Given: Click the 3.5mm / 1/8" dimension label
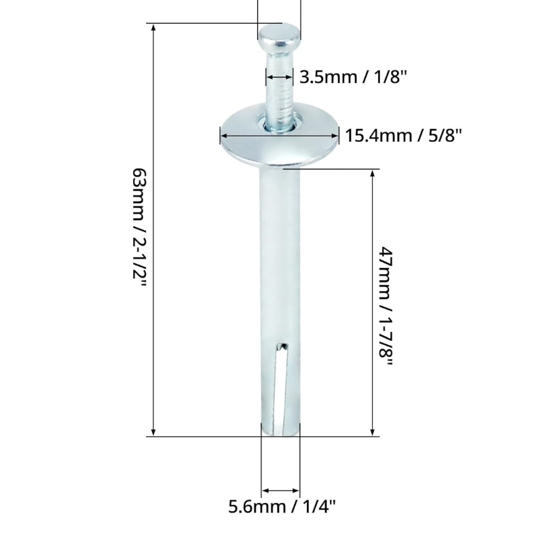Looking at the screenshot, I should pos(353,77).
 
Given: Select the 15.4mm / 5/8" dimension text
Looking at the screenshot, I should pos(403,136).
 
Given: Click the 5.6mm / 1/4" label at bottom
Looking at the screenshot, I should pos(282,506).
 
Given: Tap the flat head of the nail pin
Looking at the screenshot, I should pos(279,34).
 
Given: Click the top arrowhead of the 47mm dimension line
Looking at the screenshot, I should pos(373,174).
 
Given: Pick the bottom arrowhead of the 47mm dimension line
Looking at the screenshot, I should pos(373,431).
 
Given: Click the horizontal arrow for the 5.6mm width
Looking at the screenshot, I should pos(281,490).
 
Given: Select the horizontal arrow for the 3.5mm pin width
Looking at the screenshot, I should pos(280,77).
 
